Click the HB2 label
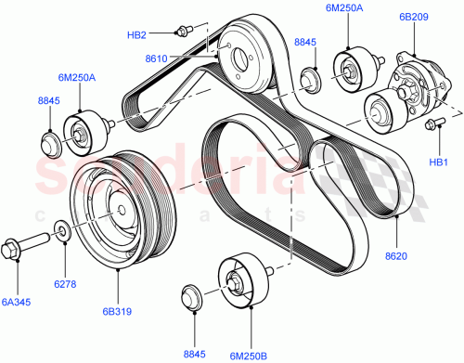136,35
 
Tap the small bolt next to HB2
182,31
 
